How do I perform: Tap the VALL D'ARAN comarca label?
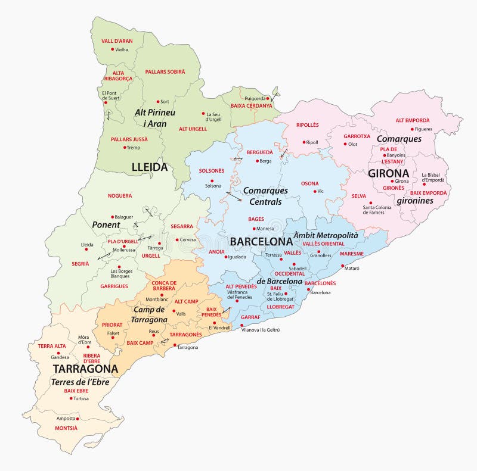117,41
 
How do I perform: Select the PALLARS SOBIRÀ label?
165,71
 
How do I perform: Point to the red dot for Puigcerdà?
268,98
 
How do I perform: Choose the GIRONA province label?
388,173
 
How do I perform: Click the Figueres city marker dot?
412,129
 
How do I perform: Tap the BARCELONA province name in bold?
261,242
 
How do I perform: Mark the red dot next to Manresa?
253,229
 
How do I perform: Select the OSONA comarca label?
309,183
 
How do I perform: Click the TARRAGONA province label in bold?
85,369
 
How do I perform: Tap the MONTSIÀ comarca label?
66,428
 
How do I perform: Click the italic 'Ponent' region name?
106,225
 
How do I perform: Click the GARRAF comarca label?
251,318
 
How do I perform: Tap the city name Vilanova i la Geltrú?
260,329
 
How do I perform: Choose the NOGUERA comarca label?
120,195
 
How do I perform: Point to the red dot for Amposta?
78,419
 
